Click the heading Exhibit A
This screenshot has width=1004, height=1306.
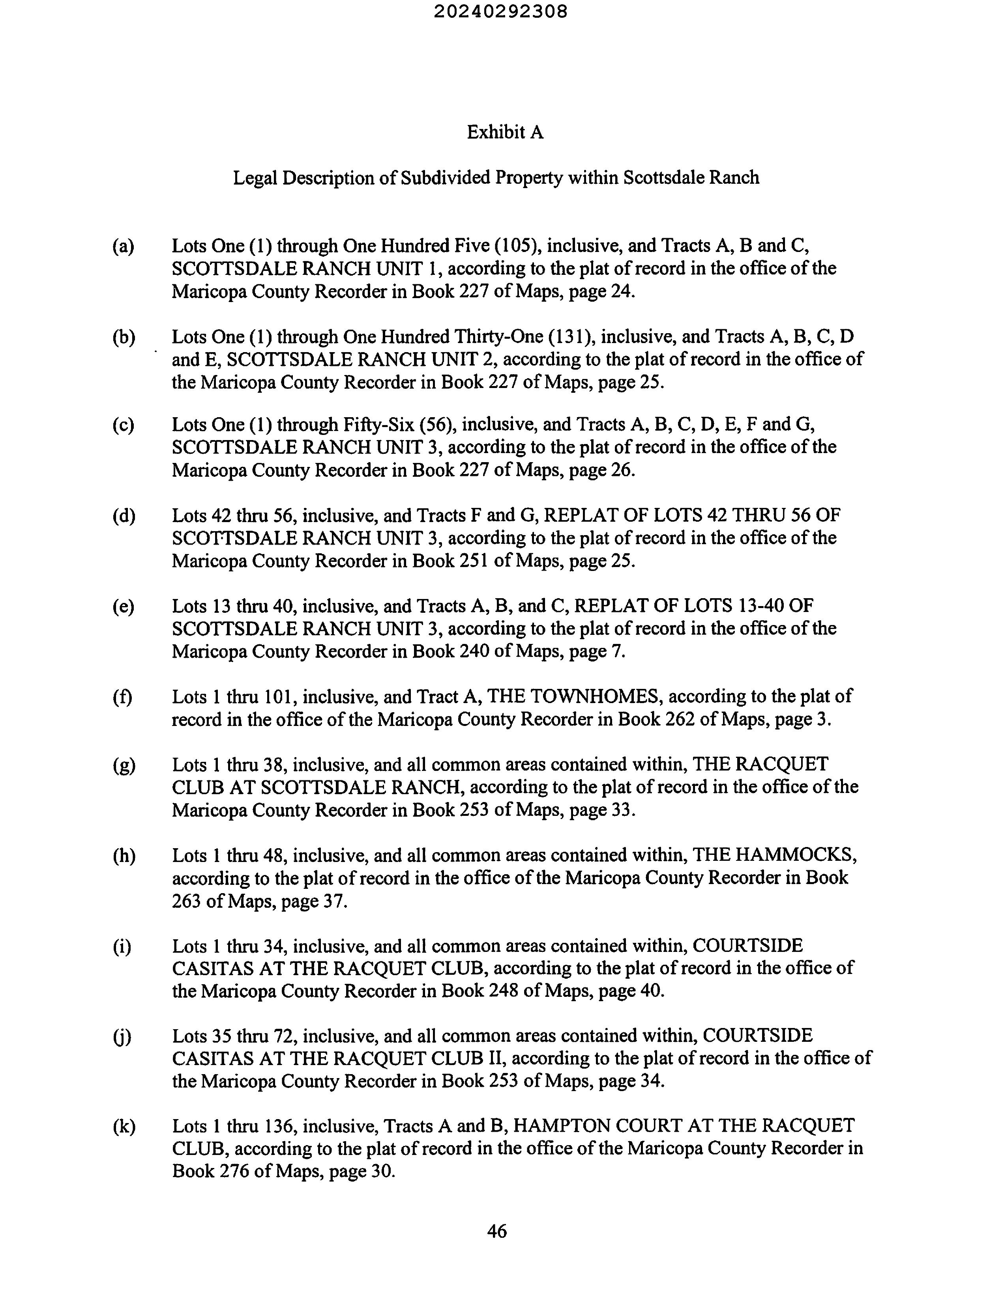pyautogui.click(x=505, y=132)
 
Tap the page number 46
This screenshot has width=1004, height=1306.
pyautogui.click(x=496, y=1231)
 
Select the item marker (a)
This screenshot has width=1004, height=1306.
pyautogui.click(x=123, y=246)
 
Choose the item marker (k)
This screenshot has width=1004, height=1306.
pyautogui.click(x=124, y=1126)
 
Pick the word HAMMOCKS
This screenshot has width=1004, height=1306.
pyautogui.click(x=796, y=855)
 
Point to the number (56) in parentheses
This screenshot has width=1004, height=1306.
pyautogui.click(x=438, y=425)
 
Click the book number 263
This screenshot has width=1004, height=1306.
pyautogui.click(x=186, y=901)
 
